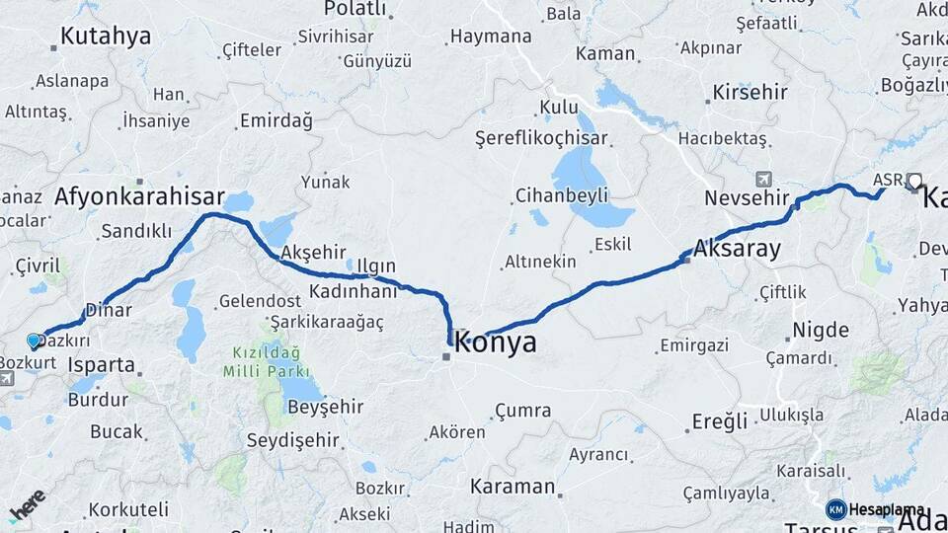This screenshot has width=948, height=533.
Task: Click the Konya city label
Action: click(x=497, y=343)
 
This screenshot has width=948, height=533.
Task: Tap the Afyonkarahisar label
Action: click(x=139, y=196)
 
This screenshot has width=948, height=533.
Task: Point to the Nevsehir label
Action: click(x=747, y=198)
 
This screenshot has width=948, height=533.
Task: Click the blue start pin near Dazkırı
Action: click(x=35, y=342)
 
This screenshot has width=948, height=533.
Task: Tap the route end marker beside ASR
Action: click(x=913, y=181)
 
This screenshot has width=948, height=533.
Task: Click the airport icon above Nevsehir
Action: click(x=762, y=179)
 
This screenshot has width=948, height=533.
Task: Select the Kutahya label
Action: click(x=106, y=37)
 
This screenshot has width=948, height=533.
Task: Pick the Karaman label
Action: click(x=513, y=487)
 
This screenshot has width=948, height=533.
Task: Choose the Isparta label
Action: click(x=102, y=365)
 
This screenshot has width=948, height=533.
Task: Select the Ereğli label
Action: click(x=719, y=421)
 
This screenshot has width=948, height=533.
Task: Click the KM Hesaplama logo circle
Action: click(x=835, y=509)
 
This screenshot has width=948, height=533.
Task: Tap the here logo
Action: click(x=27, y=506)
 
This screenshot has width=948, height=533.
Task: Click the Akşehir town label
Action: click(x=313, y=254)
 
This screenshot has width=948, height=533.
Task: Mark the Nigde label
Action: click(x=820, y=330)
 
